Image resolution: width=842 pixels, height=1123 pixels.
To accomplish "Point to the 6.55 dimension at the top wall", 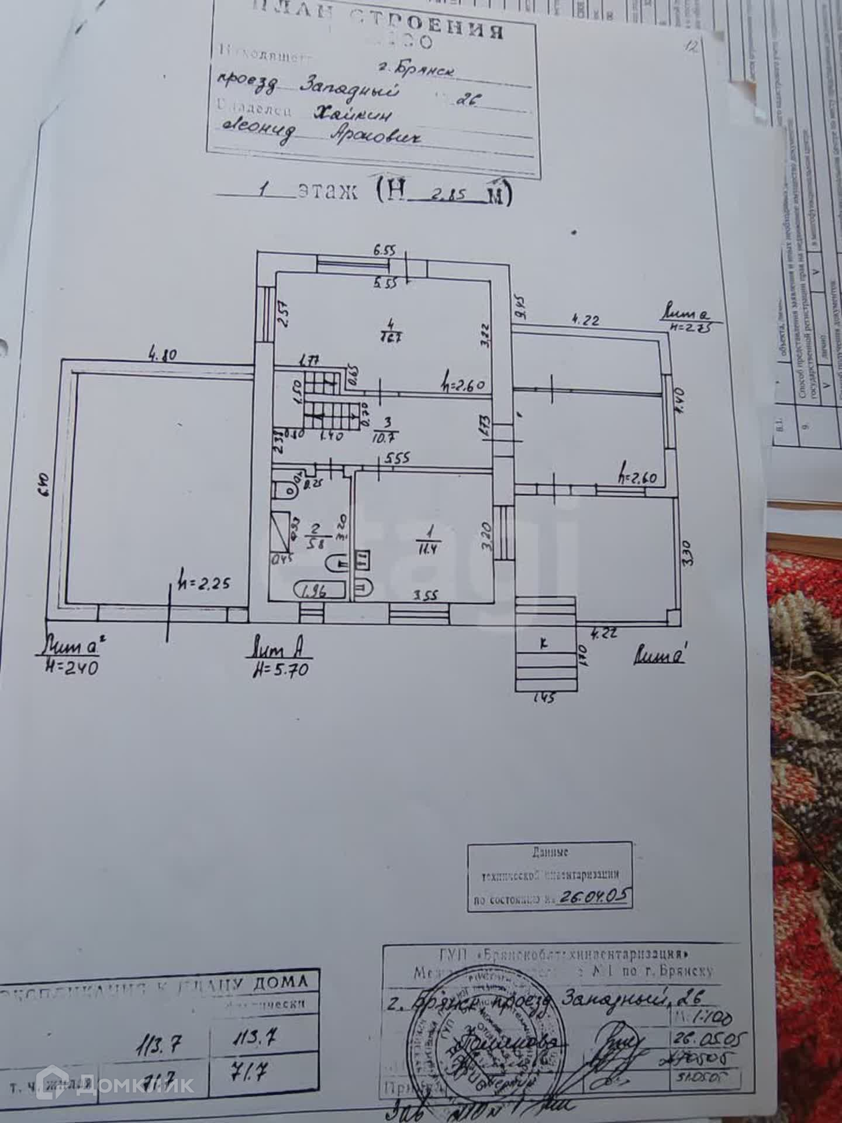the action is pyautogui.click(x=384, y=250).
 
